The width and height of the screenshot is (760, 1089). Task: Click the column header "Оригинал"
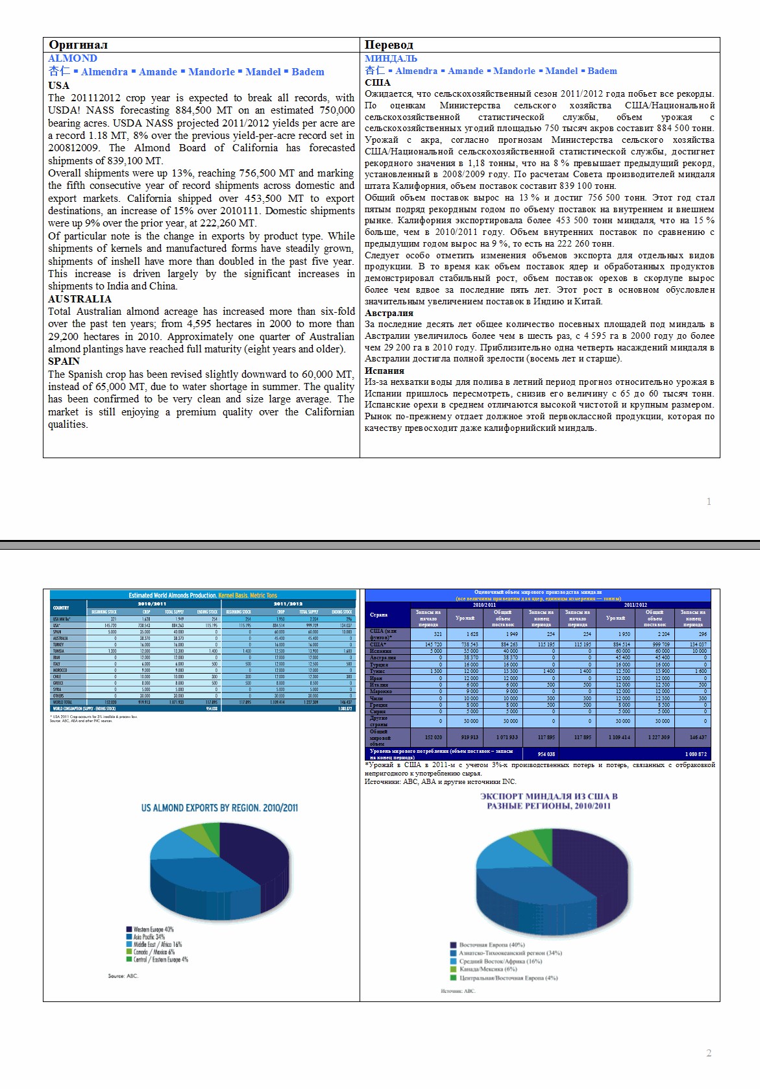tap(78, 45)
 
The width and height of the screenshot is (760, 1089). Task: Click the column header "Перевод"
tap(389, 45)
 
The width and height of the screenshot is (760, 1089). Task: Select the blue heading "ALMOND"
tap(73, 58)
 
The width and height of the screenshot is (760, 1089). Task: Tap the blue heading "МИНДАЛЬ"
tap(391, 58)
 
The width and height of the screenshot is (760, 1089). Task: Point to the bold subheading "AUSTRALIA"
tap(80, 299)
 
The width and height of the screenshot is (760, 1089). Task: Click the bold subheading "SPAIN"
tap(64, 361)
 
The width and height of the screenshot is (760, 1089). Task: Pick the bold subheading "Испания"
tap(384, 371)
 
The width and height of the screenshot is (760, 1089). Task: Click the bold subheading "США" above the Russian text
tap(378, 82)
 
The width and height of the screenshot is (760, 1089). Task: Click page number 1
tap(709, 501)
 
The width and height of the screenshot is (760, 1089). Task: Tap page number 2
tap(709, 1053)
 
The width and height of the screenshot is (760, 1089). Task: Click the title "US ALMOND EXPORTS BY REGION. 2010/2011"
tap(219, 808)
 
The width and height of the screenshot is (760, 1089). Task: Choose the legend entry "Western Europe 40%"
tap(153, 929)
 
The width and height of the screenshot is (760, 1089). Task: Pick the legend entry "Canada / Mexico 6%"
tap(154, 952)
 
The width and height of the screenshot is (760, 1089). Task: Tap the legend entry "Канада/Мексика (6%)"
tap(487, 969)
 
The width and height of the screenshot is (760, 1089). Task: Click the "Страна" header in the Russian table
tap(379, 615)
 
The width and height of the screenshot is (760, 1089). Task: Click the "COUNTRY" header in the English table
tap(61, 607)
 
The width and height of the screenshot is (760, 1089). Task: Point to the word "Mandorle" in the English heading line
tap(212, 72)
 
